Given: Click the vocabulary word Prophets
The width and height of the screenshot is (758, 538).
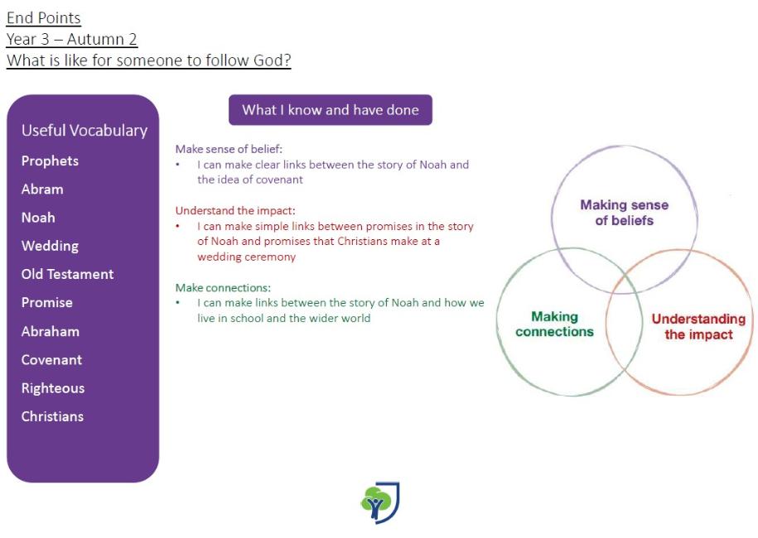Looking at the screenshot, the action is (x=50, y=161).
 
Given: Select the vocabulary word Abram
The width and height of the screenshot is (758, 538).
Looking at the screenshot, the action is (x=42, y=190).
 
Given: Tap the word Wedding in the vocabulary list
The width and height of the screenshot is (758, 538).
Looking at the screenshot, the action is (x=50, y=247).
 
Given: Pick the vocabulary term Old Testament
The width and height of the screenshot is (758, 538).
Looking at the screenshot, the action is (x=67, y=274).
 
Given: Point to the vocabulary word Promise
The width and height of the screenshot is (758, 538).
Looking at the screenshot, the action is (x=47, y=303).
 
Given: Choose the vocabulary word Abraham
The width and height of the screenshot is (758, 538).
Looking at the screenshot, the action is (x=51, y=331).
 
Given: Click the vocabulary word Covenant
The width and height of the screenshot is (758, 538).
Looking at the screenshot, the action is (x=51, y=360).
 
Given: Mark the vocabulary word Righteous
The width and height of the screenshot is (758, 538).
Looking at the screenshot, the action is (x=53, y=388).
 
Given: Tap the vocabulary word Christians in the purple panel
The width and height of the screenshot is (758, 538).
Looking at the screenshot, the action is (x=52, y=416).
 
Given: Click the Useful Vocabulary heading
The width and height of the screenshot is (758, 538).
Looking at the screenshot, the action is (x=84, y=131).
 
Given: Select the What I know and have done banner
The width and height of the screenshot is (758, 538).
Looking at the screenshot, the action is (x=331, y=109).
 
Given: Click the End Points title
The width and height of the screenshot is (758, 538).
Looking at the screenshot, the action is (x=44, y=18).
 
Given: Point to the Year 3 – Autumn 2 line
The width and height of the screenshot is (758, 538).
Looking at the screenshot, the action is (x=72, y=39).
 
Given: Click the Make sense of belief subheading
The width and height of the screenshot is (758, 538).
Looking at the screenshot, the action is (x=229, y=149).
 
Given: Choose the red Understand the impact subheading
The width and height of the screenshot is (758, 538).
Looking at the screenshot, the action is (x=235, y=210).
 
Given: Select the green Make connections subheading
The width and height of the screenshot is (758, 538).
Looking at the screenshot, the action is (x=223, y=288).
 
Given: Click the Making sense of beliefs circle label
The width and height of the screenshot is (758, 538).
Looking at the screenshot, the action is (x=624, y=213).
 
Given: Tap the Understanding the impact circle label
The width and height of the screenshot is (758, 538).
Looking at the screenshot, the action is (x=698, y=326).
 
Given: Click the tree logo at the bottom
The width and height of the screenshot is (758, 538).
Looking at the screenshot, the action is (x=380, y=502).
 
